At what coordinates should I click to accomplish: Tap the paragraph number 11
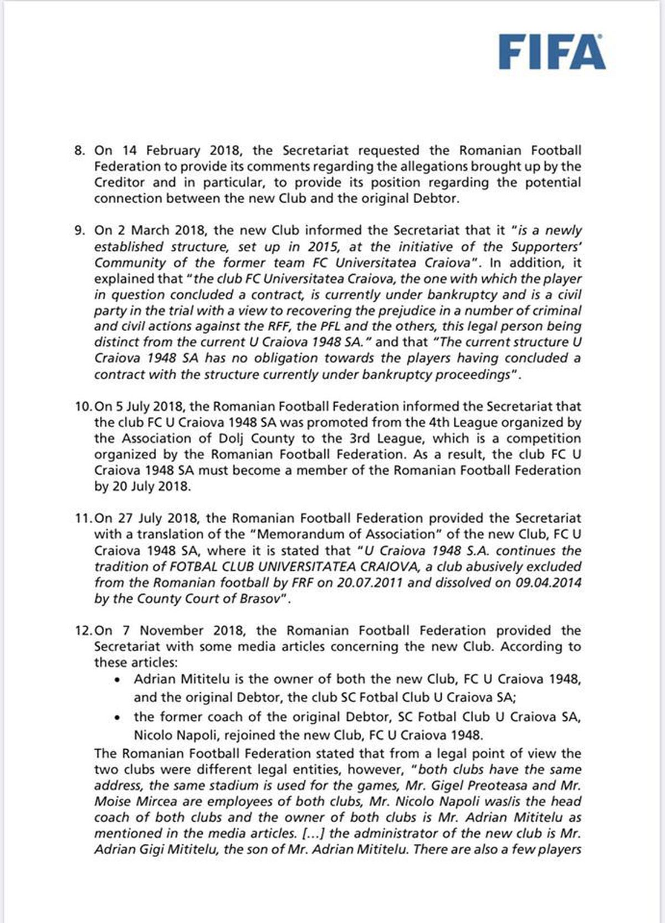coord(84,519)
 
